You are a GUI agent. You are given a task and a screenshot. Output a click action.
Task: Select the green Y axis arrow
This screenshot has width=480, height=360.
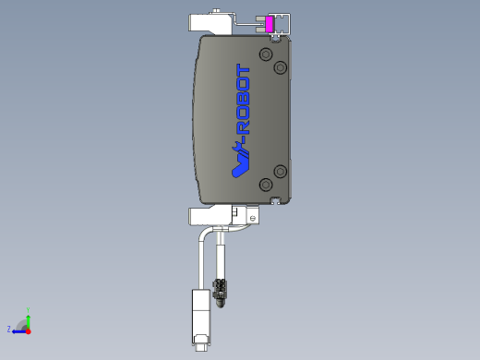[28, 318]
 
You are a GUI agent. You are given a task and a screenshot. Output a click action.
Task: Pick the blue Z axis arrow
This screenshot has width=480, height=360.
[18, 330]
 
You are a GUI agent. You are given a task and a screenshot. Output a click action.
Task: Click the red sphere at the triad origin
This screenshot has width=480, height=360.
[28, 330]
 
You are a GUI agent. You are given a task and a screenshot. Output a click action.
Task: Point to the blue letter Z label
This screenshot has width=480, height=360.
[9, 329]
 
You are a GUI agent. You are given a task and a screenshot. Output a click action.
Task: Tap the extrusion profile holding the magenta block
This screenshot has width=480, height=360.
[282, 26]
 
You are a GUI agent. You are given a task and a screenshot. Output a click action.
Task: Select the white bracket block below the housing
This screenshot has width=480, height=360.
[210, 216]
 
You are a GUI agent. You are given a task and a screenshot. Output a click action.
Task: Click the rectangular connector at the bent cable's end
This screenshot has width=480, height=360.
[200, 314]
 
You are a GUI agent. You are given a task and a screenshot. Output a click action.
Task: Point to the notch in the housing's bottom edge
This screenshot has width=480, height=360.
[275, 199]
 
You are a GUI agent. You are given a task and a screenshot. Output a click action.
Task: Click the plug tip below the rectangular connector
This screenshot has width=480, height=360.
[200, 346]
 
